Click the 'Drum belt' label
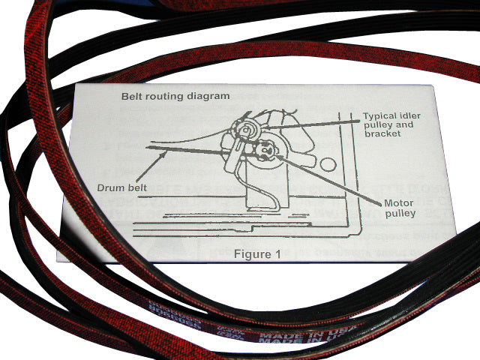121,184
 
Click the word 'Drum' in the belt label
109,184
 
